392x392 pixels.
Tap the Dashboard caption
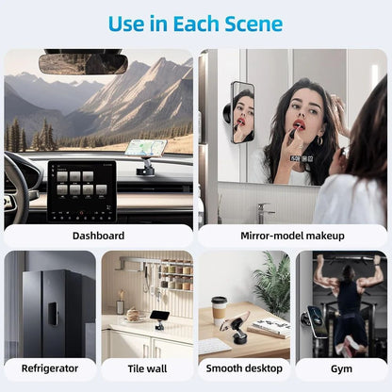pos(97,235)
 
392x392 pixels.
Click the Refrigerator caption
pos(49,367)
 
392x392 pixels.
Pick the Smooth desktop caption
pos(244,367)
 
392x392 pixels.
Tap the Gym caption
pos(341,367)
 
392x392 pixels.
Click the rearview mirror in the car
pos(83,63)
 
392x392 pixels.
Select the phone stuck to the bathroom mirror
pos(242,112)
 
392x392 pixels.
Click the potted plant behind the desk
pos(273,283)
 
